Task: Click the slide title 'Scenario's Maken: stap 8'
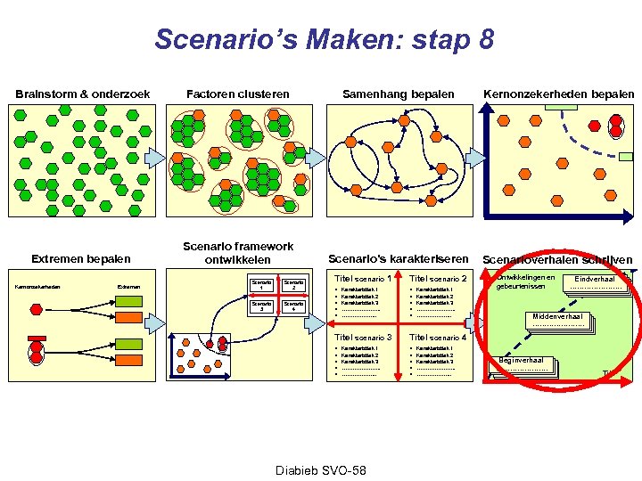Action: tap(323, 40)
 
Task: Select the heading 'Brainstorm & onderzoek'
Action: tap(82, 94)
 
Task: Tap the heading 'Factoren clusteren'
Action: tap(237, 94)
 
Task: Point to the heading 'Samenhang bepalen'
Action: tap(399, 94)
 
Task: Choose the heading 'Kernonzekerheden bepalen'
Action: tap(558, 94)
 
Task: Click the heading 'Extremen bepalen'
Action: tap(80, 259)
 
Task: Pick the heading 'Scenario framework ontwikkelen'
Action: tap(238, 252)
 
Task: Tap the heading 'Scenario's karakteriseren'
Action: tap(399, 258)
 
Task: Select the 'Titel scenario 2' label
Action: tap(439, 280)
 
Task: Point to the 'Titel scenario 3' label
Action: tap(363, 338)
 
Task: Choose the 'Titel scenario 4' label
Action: tap(439, 338)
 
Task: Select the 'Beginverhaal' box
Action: tap(523, 363)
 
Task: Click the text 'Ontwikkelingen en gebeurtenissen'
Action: tap(525, 281)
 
